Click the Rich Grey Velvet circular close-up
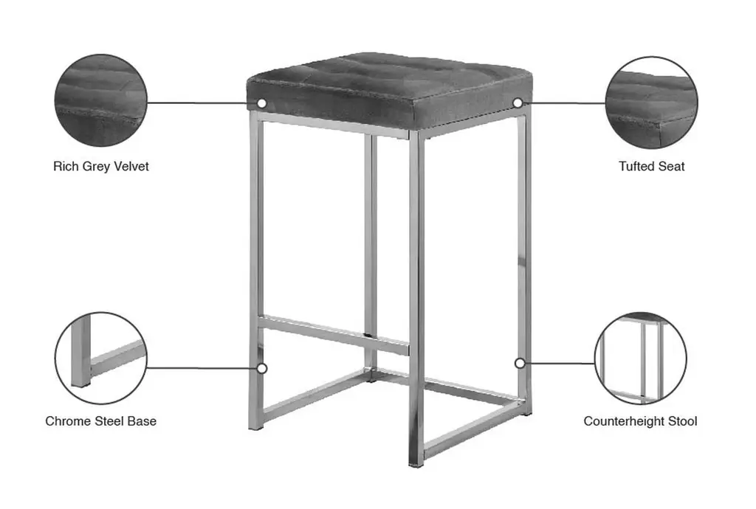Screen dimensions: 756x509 (x=100, y=100)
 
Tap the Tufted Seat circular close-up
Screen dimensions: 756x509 (x=651, y=102)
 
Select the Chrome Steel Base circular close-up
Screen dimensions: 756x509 (x=100, y=358)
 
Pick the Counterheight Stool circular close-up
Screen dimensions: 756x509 (x=641, y=358)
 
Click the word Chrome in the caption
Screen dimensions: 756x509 (x=65, y=421)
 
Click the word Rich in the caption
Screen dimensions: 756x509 (x=66, y=166)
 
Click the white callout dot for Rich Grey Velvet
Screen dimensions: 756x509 (x=262, y=103)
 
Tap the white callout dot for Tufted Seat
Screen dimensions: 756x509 (x=518, y=103)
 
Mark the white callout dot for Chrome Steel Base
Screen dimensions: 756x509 (x=262, y=368)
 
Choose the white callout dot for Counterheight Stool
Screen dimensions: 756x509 (x=520, y=363)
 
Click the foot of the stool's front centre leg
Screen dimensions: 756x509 (x=416, y=464)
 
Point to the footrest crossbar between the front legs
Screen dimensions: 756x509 (x=333, y=335)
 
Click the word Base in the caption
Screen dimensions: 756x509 (x=142, y=421)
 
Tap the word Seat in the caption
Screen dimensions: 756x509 (x=672, y=166)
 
